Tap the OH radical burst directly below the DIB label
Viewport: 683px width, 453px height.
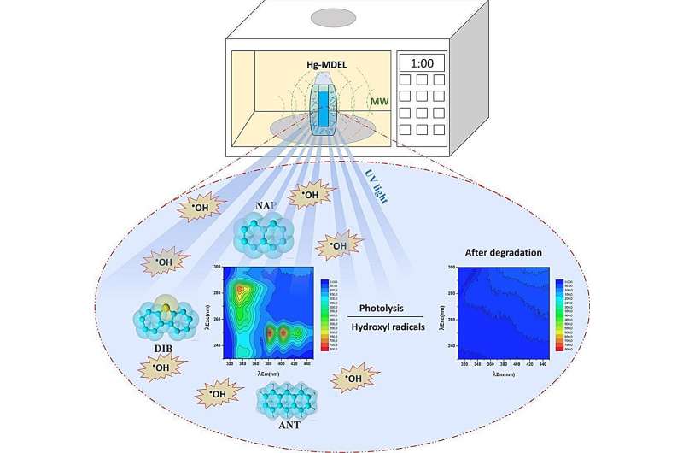(159, 368)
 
